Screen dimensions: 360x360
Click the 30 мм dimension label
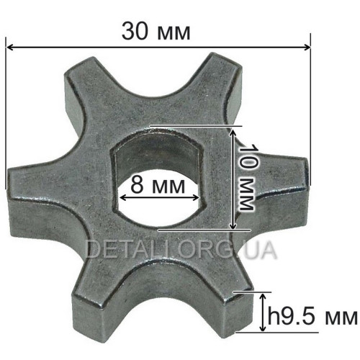(156, 32)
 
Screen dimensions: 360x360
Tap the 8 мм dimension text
(158, 185)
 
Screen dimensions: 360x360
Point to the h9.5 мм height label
(312, 317)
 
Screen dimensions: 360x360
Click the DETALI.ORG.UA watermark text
(181, 250)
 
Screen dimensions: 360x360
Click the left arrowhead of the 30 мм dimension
(9, 47)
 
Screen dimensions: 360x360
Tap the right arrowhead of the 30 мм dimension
(307, 47)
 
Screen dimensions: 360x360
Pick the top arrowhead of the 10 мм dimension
(233, 131)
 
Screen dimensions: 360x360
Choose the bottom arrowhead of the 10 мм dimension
(233, 225)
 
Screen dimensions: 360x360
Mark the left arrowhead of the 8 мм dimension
(123, 198)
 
